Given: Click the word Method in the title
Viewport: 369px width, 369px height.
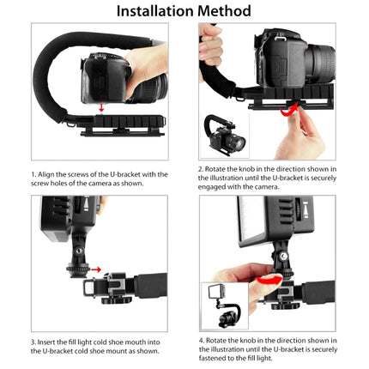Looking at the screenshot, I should click(223, 11).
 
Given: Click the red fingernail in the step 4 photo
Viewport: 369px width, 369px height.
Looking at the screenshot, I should click(268, 279).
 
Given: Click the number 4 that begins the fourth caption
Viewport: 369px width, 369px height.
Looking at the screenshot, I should click(200, 342).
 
